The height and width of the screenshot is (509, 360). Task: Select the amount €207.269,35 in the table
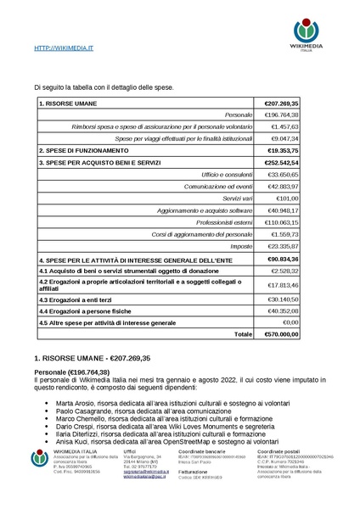pos(283,103)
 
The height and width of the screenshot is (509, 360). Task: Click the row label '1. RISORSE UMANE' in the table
pos(68,103)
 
